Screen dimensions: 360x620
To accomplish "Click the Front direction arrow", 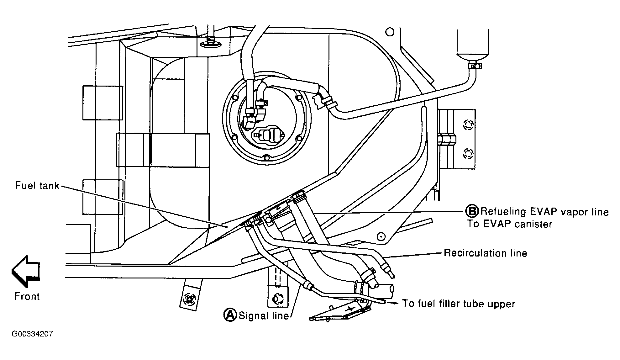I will click(26, 271).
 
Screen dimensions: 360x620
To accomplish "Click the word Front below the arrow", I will click(27, 296).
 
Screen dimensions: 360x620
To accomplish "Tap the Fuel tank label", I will click(37, 186).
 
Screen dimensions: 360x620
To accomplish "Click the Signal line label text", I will click(264, 315).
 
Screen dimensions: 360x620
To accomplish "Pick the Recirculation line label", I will click(485, 253).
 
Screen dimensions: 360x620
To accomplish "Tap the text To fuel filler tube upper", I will click(459, 304).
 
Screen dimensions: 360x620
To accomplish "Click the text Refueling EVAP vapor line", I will click(544, 212).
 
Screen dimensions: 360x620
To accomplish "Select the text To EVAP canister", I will click(509, 224).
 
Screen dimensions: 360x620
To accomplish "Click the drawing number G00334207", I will click(32, 334).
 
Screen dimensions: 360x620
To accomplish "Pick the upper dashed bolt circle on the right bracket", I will click(468, 125).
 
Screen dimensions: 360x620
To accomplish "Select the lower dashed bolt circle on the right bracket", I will click(468, 154).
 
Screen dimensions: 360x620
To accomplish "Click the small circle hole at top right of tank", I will click(390, 32).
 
